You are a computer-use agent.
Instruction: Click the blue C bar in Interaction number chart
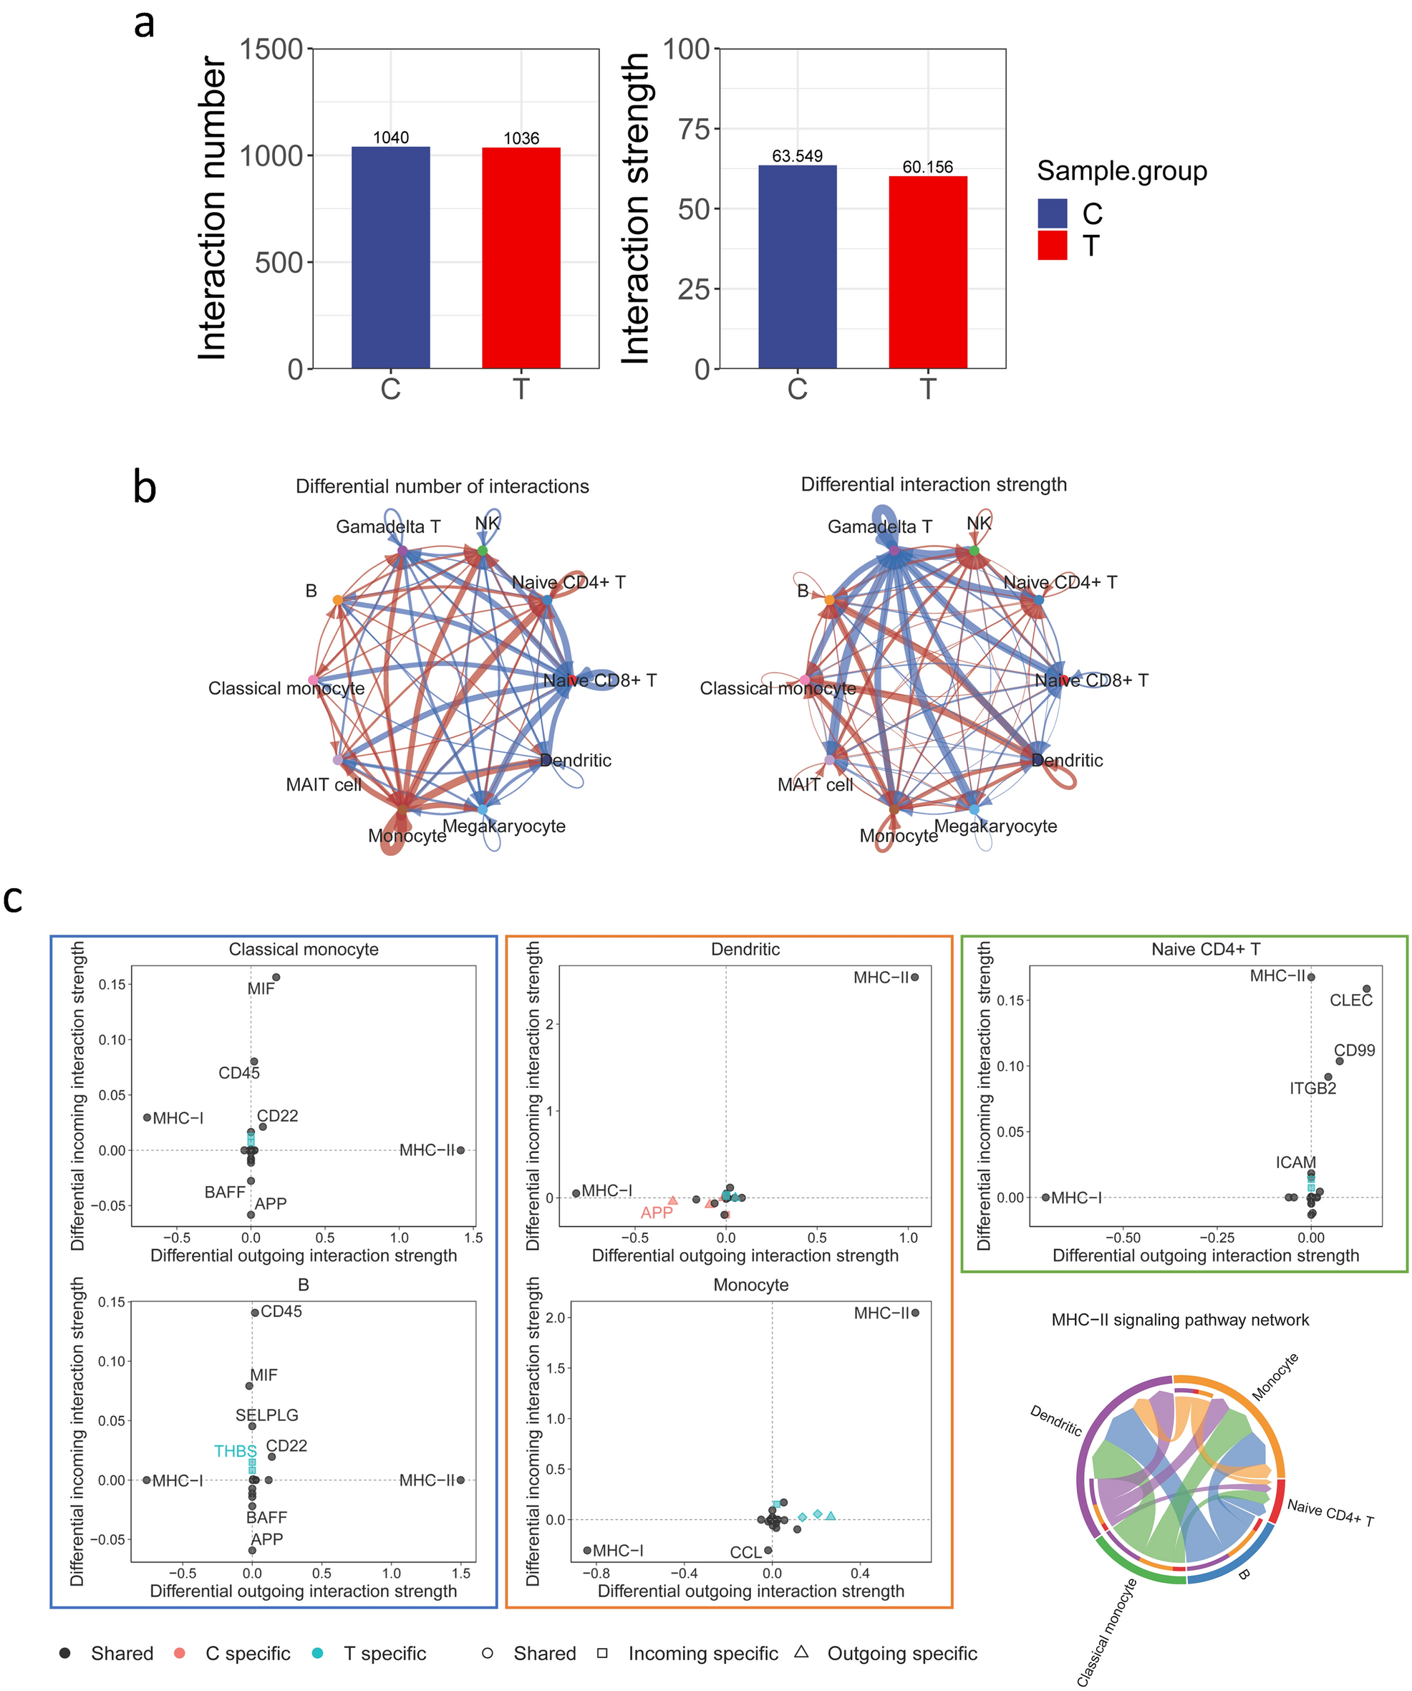390,258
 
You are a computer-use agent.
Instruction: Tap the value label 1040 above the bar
390,138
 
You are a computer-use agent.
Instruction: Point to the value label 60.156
927,167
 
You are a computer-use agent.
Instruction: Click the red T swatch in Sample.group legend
1052,245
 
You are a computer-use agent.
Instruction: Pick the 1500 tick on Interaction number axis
271,49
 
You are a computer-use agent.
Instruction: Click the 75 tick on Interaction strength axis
694,129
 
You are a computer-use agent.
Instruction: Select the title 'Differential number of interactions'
442,486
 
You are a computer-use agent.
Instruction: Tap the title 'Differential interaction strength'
934,484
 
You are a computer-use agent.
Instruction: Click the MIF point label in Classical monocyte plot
261,989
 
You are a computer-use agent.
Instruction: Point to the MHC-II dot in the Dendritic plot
914,978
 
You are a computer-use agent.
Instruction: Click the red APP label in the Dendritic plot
656,1213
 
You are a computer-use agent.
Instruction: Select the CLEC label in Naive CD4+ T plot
1351,1000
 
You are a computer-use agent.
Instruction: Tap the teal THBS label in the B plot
235,1451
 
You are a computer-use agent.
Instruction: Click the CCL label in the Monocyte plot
745,1553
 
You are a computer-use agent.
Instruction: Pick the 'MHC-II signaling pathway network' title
1180,1320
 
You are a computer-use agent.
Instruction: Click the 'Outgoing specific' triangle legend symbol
801,1652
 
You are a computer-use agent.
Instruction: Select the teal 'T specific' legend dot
318,1653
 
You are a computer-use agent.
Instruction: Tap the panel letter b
145,488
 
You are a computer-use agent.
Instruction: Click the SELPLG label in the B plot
266,1415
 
